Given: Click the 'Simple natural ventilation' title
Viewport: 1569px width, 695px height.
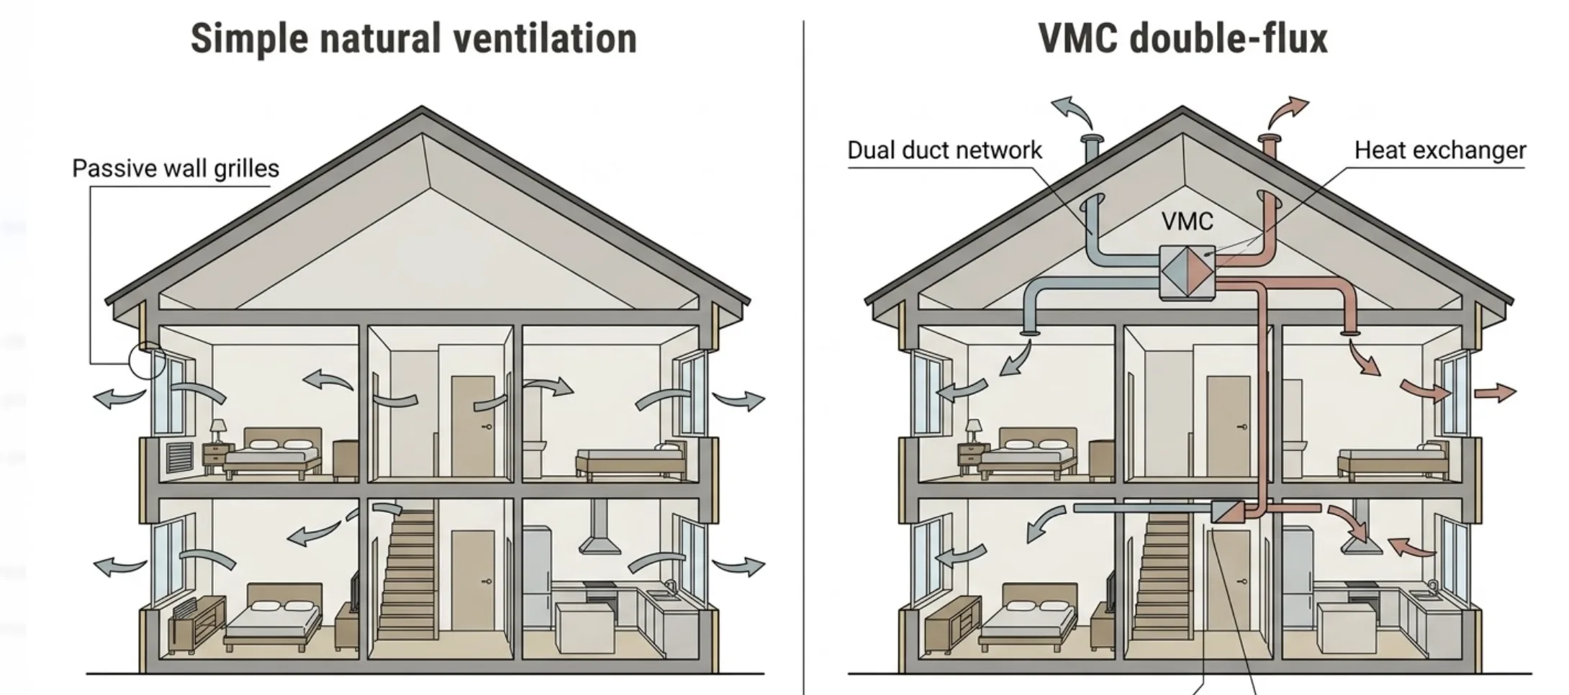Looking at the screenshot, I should tap(413, 39).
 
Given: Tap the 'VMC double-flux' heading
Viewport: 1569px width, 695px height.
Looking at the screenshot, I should tap(1183, 39).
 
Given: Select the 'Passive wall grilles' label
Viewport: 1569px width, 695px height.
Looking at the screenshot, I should tap(176, 168).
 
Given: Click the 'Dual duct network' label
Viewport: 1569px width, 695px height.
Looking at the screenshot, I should tap(944, 150).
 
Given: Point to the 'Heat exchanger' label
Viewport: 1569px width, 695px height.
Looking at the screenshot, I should tap(1439, 150).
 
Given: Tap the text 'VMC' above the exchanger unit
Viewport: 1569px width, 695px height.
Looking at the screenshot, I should tap(1187, 222).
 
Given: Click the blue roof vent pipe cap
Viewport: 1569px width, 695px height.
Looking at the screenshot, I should tap(1092, 139).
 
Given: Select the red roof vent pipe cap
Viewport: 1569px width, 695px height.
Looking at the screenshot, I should tap(1269, 138).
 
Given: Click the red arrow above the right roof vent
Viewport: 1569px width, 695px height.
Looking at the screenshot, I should tap(1288, 110).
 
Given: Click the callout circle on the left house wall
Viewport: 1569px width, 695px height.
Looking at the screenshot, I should tap(147, 360).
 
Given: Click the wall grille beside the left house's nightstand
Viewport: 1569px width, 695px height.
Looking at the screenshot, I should tap(180, 458).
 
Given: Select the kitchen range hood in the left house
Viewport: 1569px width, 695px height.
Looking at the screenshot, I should tap(600, 536).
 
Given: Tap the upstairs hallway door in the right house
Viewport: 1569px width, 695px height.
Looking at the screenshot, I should tap(1228, 426).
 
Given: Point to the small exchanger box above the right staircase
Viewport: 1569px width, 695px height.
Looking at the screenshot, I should tap(1226, 512).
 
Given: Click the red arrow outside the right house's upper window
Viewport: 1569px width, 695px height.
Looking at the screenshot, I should tap(1495, 393).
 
